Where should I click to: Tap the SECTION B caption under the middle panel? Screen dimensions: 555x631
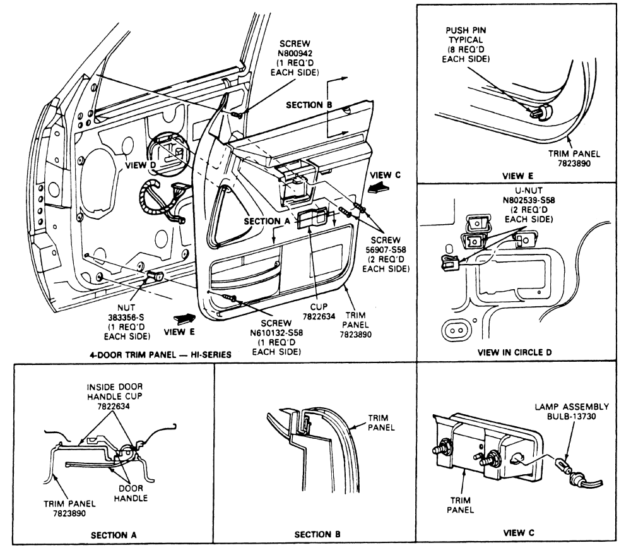tap(318, 534)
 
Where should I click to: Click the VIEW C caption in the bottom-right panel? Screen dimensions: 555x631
tap(518, 533)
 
